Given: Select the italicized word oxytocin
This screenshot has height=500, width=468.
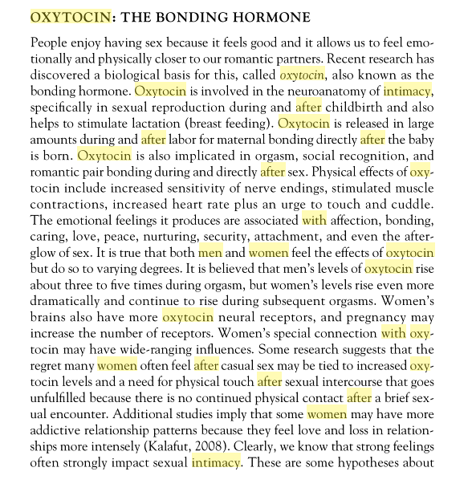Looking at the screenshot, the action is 303,74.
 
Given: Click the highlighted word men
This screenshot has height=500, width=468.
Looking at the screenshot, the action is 210,252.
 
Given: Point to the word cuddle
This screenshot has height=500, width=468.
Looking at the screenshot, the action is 409,204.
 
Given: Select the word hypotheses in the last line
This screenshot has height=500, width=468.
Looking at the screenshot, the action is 367,463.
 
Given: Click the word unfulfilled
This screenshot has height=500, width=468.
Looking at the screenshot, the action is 63,398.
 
